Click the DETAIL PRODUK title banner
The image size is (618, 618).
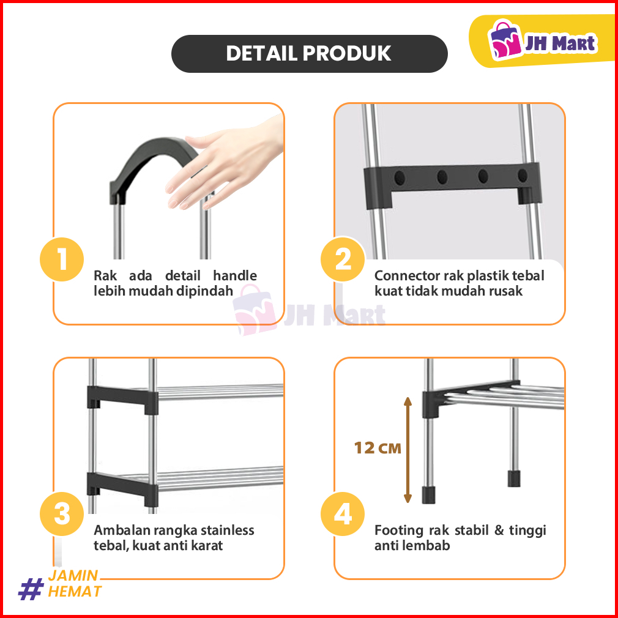pos(310,54)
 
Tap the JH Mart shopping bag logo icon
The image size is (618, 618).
pos(504,39)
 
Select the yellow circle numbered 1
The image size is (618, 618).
pos(62,259)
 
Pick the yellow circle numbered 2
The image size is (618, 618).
pos(343,259)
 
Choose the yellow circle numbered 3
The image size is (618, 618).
pos(62,514)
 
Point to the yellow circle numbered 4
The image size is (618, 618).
pos(343,514)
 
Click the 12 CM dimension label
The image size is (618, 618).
pos(377,448)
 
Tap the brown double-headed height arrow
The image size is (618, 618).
pos(408,450)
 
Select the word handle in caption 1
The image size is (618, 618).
pos(235,275)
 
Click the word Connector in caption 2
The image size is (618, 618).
pos(407,275)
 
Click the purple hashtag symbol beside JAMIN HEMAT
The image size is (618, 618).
pos(31,589)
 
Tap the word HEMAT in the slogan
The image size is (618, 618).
pos(75,592)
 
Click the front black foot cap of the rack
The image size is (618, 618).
pos(429,494)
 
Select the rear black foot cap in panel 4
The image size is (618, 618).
pos(514,478)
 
